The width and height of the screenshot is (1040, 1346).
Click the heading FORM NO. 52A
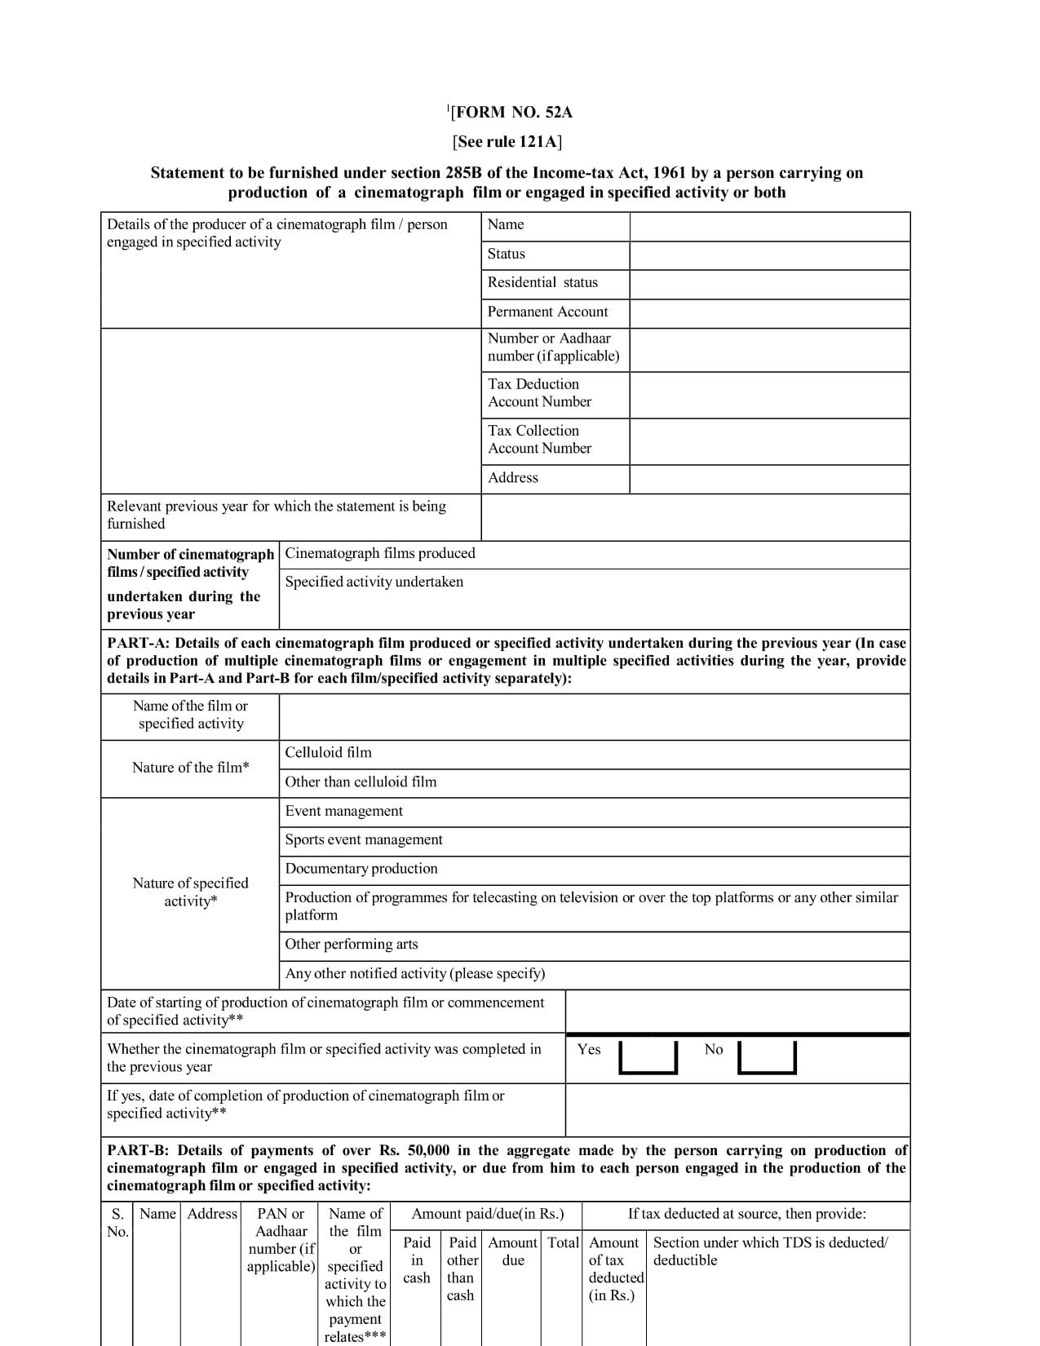[x=511, y=113]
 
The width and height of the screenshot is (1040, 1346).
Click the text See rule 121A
[x=507, y=142]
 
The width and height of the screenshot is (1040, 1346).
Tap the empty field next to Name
[x=769, y=227]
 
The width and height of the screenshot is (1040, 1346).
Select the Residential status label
[x=542, y=282]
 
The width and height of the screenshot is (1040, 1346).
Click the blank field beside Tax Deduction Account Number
[x=769, y=395]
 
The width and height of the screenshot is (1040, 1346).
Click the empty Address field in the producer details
[x=769, y=479]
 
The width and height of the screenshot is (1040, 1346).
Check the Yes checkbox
[x=648, y=1057]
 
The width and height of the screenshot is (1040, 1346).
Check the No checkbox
[x=766, y=1057]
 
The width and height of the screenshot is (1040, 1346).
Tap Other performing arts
[x=352, y=945]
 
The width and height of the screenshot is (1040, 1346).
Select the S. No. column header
[x=117, y=1223]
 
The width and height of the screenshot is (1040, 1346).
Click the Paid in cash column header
[x=417, y=1260]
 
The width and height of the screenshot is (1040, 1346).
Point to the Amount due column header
[x=513, y=1251]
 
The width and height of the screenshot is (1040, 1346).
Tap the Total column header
[x=563, y=1243]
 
